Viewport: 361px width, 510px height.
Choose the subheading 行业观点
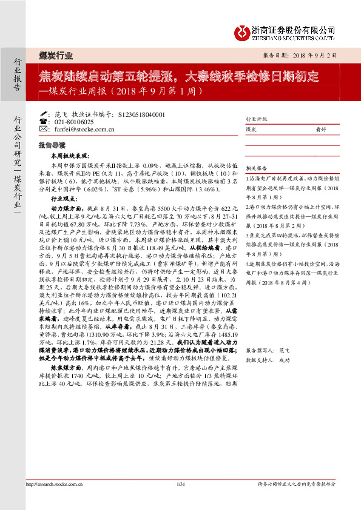64,198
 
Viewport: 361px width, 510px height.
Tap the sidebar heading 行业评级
256,119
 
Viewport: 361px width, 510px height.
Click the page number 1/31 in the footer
180,500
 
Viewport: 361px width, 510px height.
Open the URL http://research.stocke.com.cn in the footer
55,500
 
